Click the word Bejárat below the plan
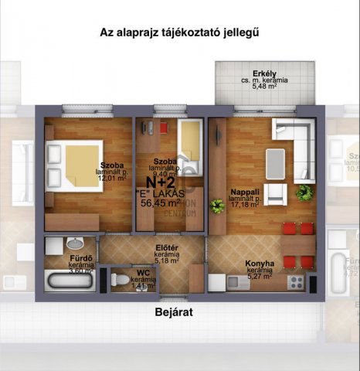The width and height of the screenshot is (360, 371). tap(172, 313)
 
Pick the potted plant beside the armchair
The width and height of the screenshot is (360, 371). tap(304, 192)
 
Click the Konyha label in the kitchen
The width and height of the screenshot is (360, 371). tap(260, 263)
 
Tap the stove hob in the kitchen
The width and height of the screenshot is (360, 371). tap(294, 283)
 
